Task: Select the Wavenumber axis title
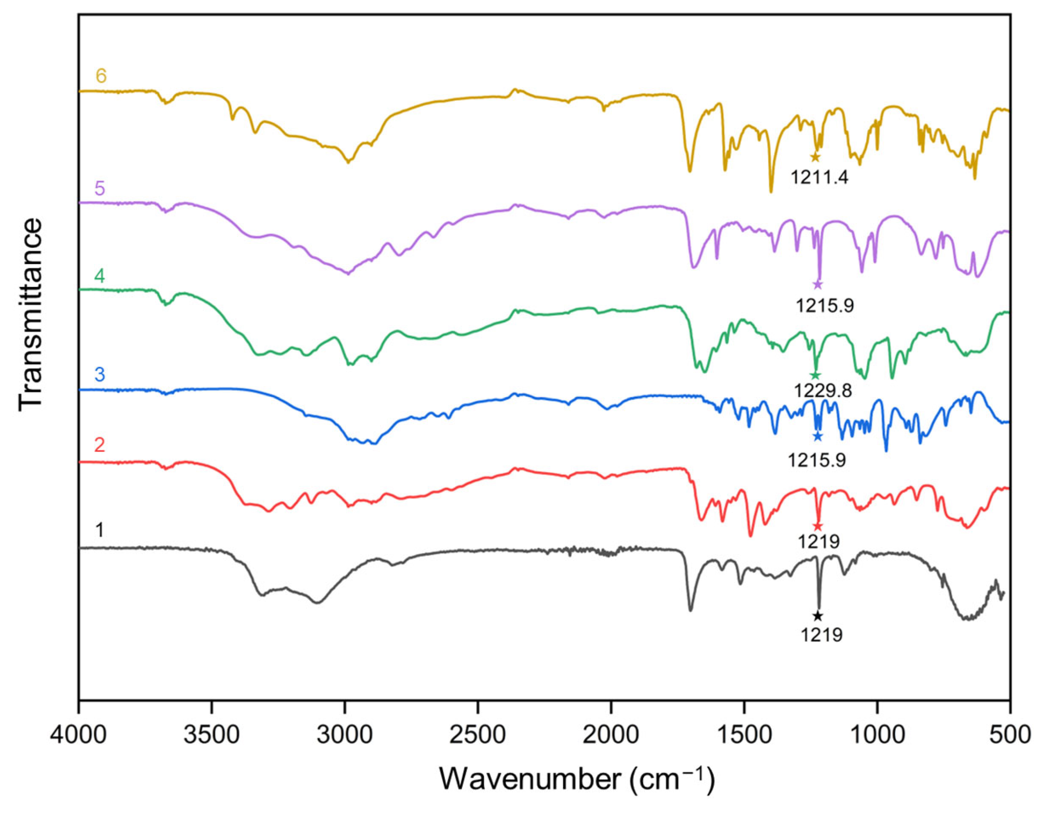pyautogui.click(x=577, y=780)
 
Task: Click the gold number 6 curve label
pyautogui.click(x=101, y=76)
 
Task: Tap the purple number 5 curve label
pyautogui.click(x=99, y=189)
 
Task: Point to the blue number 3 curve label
pyautogui.click(x=99, y=375)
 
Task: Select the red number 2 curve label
pyautogui.click(x=99, y=445)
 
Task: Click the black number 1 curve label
pyautogui.click(x=99, y=530)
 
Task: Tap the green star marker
pyautogui.click(x=815, y=375)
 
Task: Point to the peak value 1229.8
pyautogui.click(x=823, y=391)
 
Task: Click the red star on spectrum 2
pyautogui.click(x=818, y=526)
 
